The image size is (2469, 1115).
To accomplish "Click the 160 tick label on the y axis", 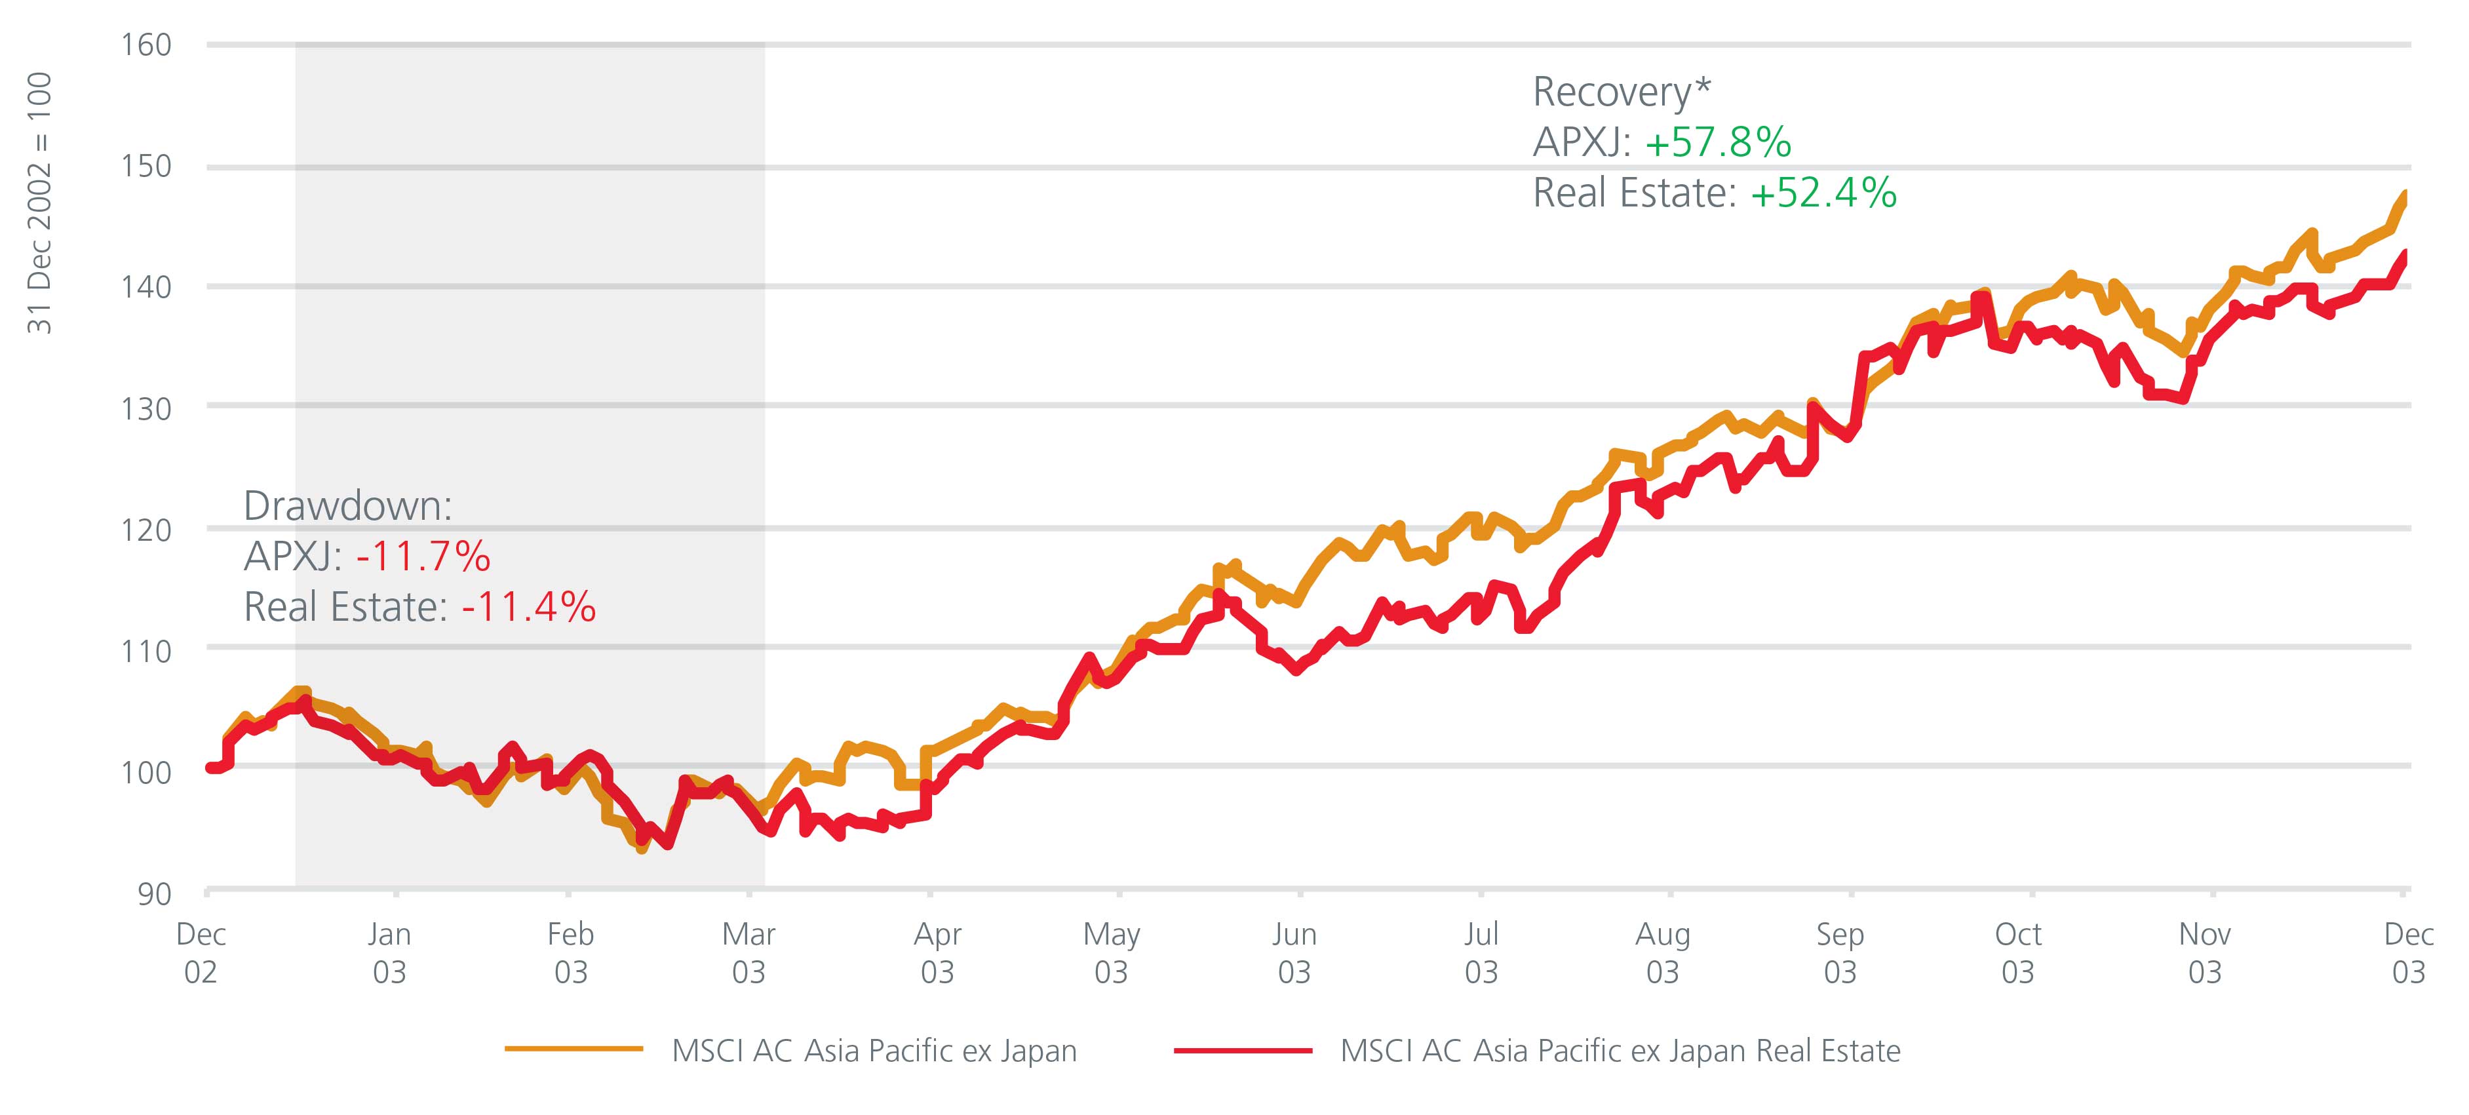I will pyautogui.click(x=146, y=45).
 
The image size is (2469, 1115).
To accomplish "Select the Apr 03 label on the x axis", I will pyautogui.click(x=937, y=953).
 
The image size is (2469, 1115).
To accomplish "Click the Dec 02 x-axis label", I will pyautogui.click(x=201, y=953).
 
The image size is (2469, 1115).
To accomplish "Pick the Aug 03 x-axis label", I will pyautogui.click(x=1662, y=953).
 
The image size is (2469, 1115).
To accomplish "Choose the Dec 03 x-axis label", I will pyautogui.click(x=2407, y=953).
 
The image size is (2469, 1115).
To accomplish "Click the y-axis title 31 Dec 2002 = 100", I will pyautogui.click(x=39, y=203).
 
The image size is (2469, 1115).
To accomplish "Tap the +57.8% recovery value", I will pyautogui.click(x=1718, y=143).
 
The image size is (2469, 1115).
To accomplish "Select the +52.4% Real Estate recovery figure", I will pyautogui.click(x=1823, y=193).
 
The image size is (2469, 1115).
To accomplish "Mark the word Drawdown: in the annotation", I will pyautogui.click(x=347, y=505).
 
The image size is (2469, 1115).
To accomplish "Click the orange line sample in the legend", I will pyautogui.click(x=573, y=1050).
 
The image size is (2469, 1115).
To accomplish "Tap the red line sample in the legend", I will pyautogui.click(x=1242, y=1051).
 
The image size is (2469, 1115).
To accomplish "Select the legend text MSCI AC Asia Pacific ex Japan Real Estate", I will pyautogui.click(x=1620, y=1051).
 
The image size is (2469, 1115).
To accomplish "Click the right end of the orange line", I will pyautogui.click(x=2405, y=195).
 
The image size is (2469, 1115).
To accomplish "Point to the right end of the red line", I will pyautogui.click(x=2405, y=254).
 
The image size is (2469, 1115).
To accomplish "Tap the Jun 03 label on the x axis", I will pyautogui.click(x=1294, y=953).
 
